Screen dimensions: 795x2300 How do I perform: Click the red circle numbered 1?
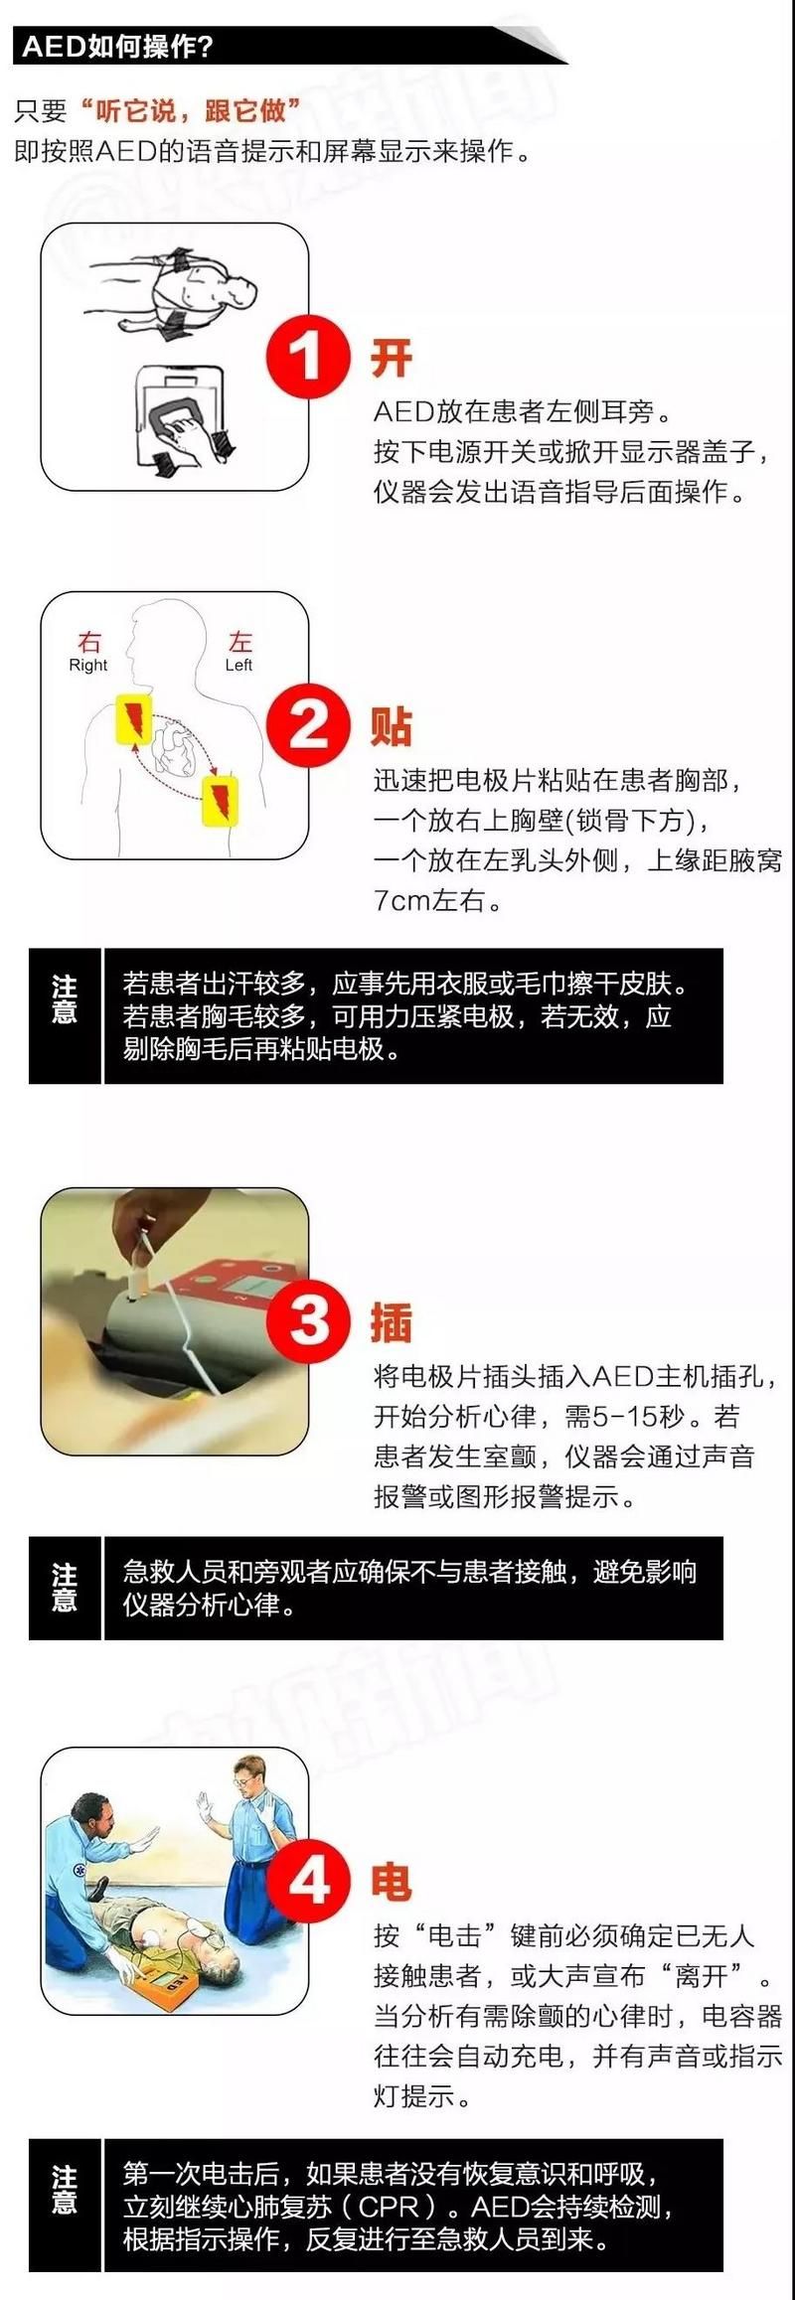(x=308, y=357)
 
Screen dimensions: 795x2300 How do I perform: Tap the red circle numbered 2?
(x=308, y=725)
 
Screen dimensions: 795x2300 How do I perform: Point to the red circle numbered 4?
(x=308, y=1880)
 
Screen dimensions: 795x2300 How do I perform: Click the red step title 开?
(x=392, y=358)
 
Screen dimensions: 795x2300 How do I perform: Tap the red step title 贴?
(x=392, y=726)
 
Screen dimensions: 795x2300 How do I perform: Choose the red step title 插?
(x=392, y=1322)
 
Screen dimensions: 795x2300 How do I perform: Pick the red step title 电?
(x=392, y=1882)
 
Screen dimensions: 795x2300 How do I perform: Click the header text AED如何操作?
(x=118, y=47)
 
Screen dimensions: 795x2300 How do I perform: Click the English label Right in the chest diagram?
(x=87, y=665)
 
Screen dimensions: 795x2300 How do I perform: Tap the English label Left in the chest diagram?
(x=238, y=665)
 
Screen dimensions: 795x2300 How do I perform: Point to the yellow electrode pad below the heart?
(x=220, y=800)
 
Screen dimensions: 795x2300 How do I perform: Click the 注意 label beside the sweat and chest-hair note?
(x=65, y=998)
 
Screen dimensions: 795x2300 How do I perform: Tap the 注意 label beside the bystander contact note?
(x=65, y=1587)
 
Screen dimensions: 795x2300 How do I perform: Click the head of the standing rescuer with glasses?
(x=248, y=1772)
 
